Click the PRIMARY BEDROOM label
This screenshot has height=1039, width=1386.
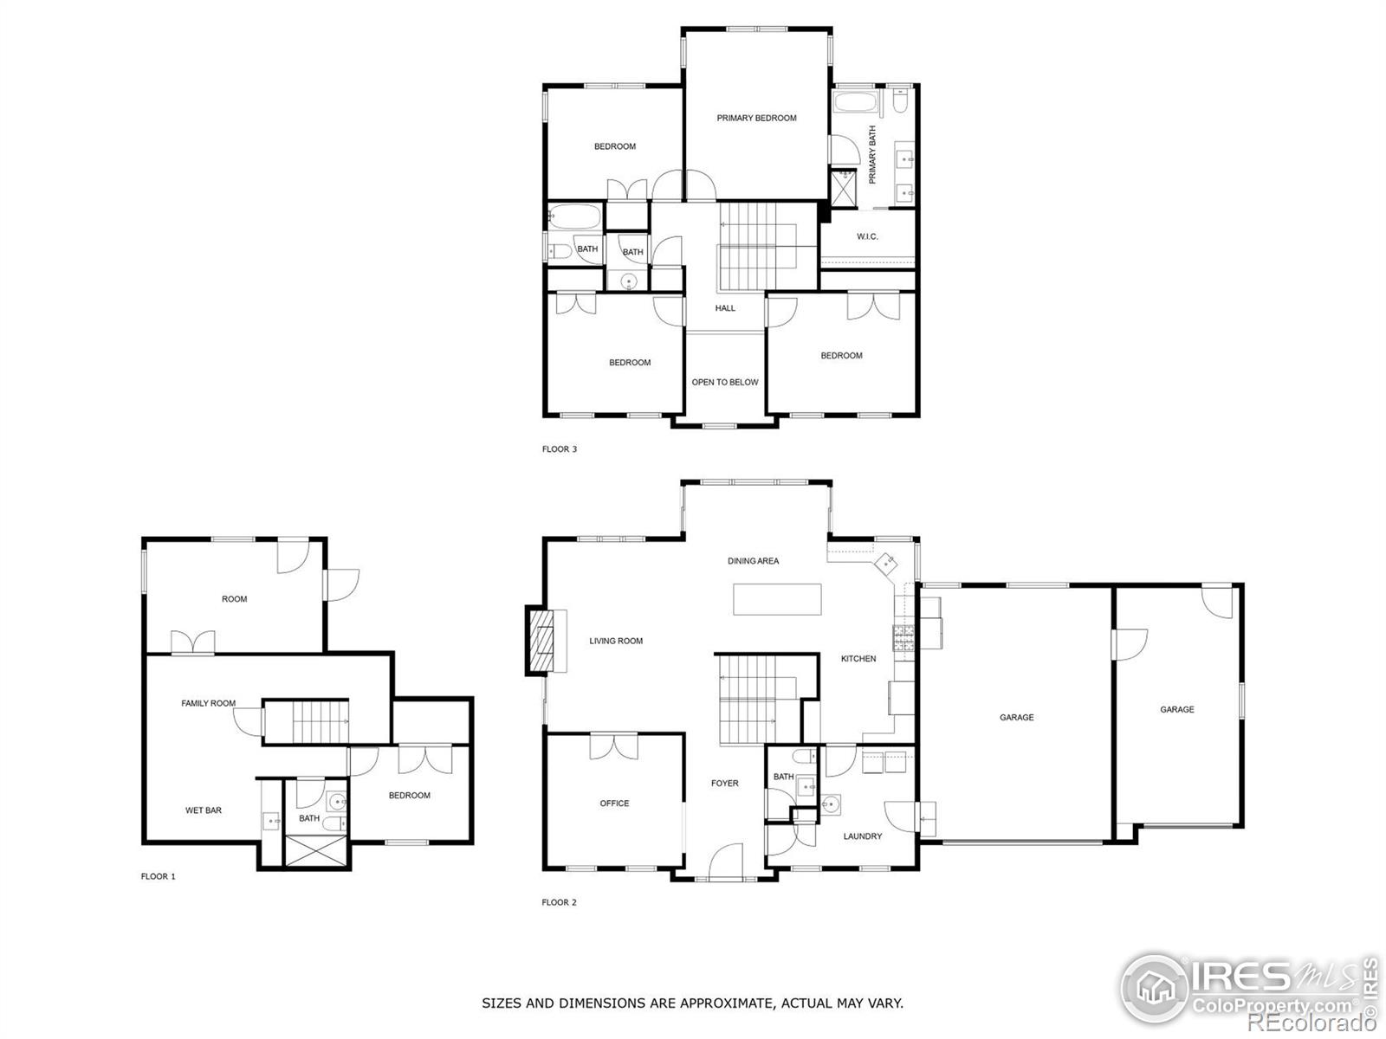coord(756,118)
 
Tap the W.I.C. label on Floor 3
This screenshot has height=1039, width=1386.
coord(867,236)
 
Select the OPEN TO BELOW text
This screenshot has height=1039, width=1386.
coord(724,382)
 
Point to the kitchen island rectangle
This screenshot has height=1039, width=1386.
coord(777,599)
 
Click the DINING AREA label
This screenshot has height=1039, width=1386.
coord(753,561)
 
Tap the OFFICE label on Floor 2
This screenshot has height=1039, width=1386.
coord(614,803)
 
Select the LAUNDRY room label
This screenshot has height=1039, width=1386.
coord(863,836)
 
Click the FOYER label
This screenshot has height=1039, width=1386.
coord(725,784)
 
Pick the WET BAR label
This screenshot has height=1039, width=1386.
coord(204,810)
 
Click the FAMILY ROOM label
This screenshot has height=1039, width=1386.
coord(208,704)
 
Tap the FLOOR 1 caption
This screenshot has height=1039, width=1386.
coord(159,876)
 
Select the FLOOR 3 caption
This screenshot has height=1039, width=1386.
coord(560,449)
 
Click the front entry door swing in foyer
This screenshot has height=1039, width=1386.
coord(726,862)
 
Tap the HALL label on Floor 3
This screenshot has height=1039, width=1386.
coord(725,308)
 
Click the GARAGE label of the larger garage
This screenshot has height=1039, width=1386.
coord(1016,718)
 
